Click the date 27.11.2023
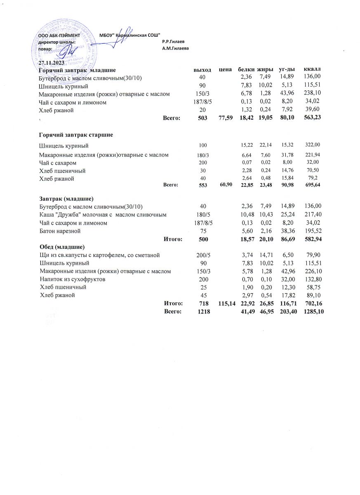click(52, 63)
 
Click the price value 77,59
click(225, 118)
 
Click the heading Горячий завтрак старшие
click(76, 135)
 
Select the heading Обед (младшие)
click(61, 247)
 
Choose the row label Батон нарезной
click(60, 231)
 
